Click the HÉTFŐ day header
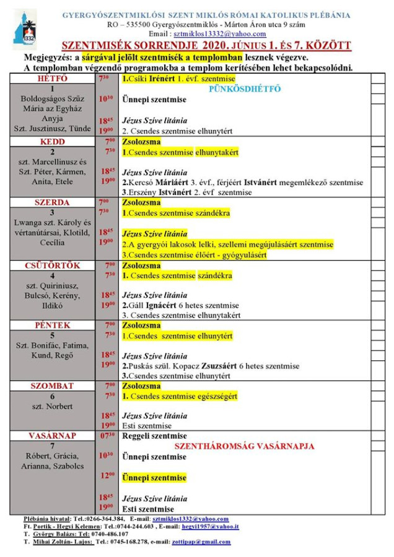point(53,79)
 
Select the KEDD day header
point(53,142)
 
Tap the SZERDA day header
point(53,202)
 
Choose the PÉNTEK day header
point(53,325)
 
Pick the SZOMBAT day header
point(53,386)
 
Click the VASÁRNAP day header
point(53,436)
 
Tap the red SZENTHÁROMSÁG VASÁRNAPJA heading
point(245,446)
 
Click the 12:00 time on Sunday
point(107,475)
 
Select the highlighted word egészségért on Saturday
point(216,396)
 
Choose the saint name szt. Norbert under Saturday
point(53,407)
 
